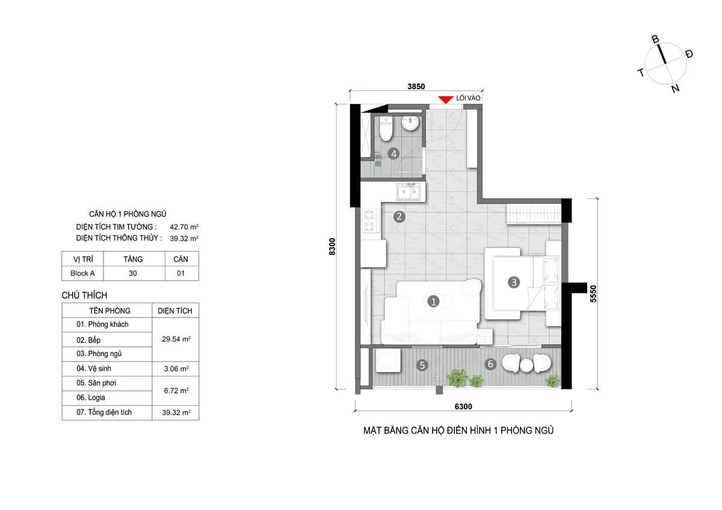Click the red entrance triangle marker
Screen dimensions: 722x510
(445, 100)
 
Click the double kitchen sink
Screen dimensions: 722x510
(409, 192)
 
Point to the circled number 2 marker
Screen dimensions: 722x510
(399, 217)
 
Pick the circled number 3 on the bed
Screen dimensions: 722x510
(514, 282)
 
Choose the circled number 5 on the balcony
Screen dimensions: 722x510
(422, 365)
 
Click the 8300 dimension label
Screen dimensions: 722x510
(332, 247)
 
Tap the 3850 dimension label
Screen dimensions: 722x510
(416, 87)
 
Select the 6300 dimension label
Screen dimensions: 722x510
(463, 407)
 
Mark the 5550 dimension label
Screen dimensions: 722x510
(593, 293)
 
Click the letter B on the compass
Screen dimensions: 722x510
(655, 39)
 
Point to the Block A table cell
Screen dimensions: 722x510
(82, 273)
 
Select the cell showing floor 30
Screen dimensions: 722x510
(133, 273)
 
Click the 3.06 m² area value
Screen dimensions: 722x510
(176, 369)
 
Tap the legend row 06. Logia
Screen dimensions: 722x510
(91, 398)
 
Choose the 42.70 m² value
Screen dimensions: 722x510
(184, 227)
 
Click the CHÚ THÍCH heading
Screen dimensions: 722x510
(84, 295)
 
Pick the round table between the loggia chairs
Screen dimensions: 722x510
(526, 365)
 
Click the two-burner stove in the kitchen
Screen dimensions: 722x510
(369, 221)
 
